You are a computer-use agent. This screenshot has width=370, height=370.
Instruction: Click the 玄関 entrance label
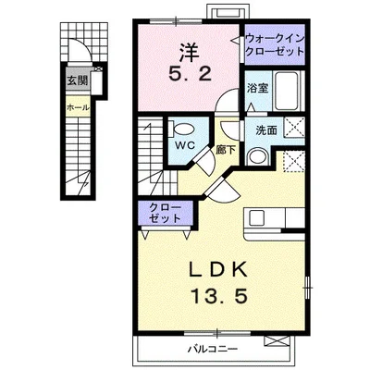[x=78, y=80]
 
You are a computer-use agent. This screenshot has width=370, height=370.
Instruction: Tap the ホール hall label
[x=78, y=108]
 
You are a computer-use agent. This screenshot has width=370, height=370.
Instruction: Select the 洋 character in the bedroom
[x=190, y=53]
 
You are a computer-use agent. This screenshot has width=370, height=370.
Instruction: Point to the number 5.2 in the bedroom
[x=190, y=75]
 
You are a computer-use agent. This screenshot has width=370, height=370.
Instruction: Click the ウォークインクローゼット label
[x=275, y=44]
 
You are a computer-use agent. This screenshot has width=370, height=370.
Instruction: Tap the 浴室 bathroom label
[x=257, y=88]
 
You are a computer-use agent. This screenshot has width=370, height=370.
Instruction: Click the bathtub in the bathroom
[x=287, y=91]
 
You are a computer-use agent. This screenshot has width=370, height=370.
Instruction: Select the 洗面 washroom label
[x=266, y=130]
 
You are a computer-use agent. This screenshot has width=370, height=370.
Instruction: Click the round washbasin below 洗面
[x=258, y=156]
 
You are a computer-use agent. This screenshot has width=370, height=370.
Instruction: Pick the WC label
[x=185, y=145]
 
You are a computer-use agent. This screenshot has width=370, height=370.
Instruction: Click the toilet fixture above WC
[x=182, y=129]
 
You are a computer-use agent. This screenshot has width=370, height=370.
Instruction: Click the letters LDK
[x=218, y=270]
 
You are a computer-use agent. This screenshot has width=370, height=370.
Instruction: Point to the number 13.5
[x=220, y=297]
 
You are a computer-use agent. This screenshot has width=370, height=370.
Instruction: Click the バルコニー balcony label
[x=213, y=350]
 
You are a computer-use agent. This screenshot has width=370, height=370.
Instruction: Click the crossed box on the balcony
[x=277, y=341]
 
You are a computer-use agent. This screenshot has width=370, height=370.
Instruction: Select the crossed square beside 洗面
[x=294, y=127]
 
